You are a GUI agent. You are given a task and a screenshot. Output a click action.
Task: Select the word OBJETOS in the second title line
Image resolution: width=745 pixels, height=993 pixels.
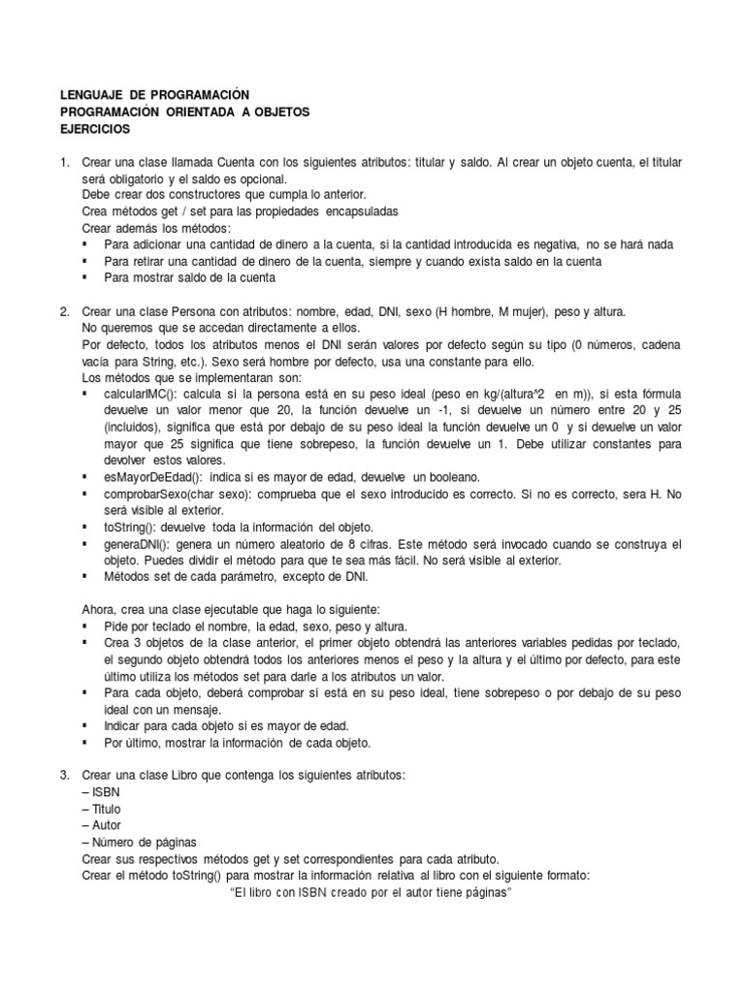pyautogui.click(x=281, y=112)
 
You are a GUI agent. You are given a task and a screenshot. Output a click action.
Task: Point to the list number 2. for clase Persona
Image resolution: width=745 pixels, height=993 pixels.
pyautogui.click(x=65, y=312)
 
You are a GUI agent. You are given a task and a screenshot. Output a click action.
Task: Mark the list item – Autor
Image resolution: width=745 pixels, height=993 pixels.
pyautogui.click(x=102, y=825)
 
